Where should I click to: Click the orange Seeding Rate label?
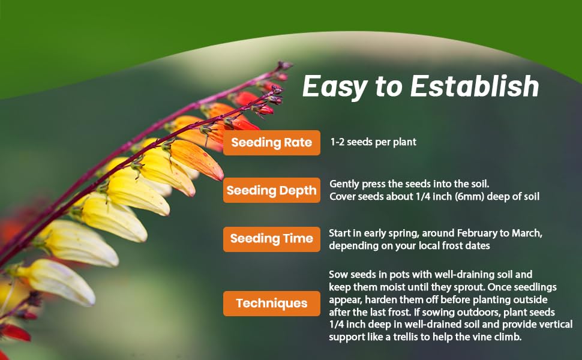coord(272,143)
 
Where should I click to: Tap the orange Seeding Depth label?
coord(272,190)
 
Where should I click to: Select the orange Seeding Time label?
coord(272,239)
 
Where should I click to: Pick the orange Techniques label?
coord(272,304)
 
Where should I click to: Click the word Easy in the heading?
coord(334,87)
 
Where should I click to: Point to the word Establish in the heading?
coord(475,86)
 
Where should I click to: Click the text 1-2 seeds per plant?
coord(373,142)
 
